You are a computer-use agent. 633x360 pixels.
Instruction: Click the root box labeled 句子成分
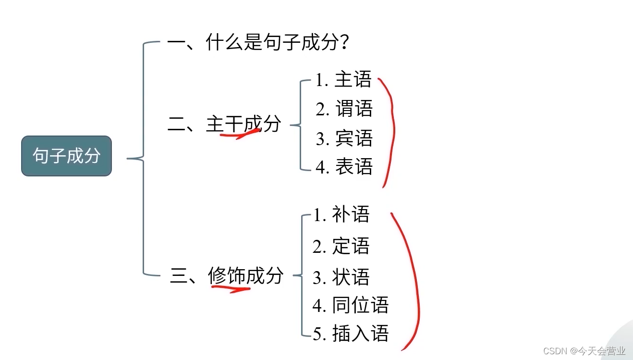(66, 156)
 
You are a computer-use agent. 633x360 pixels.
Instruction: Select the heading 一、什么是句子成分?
(258, 43)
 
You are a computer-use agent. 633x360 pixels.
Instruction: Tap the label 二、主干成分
(224, 124)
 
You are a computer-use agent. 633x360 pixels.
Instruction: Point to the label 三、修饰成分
(227, 276)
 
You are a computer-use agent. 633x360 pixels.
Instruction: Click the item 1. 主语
(343, 80)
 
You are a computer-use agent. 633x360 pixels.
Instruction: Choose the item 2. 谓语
(344, 109)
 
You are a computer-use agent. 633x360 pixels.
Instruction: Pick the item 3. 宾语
(344, 138)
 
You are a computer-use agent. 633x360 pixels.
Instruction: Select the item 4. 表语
(344, 167)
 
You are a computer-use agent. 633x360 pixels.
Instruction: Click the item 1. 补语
(341, 215)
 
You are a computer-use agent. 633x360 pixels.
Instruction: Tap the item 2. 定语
(341, 247)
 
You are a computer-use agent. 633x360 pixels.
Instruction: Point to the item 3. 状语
(341, 277)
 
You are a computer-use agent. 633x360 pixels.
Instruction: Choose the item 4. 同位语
(351, 305)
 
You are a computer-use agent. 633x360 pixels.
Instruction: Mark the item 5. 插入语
(351, 334)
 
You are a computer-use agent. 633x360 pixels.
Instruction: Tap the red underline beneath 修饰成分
(231, 288)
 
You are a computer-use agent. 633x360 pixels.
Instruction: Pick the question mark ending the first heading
(343, 43)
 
